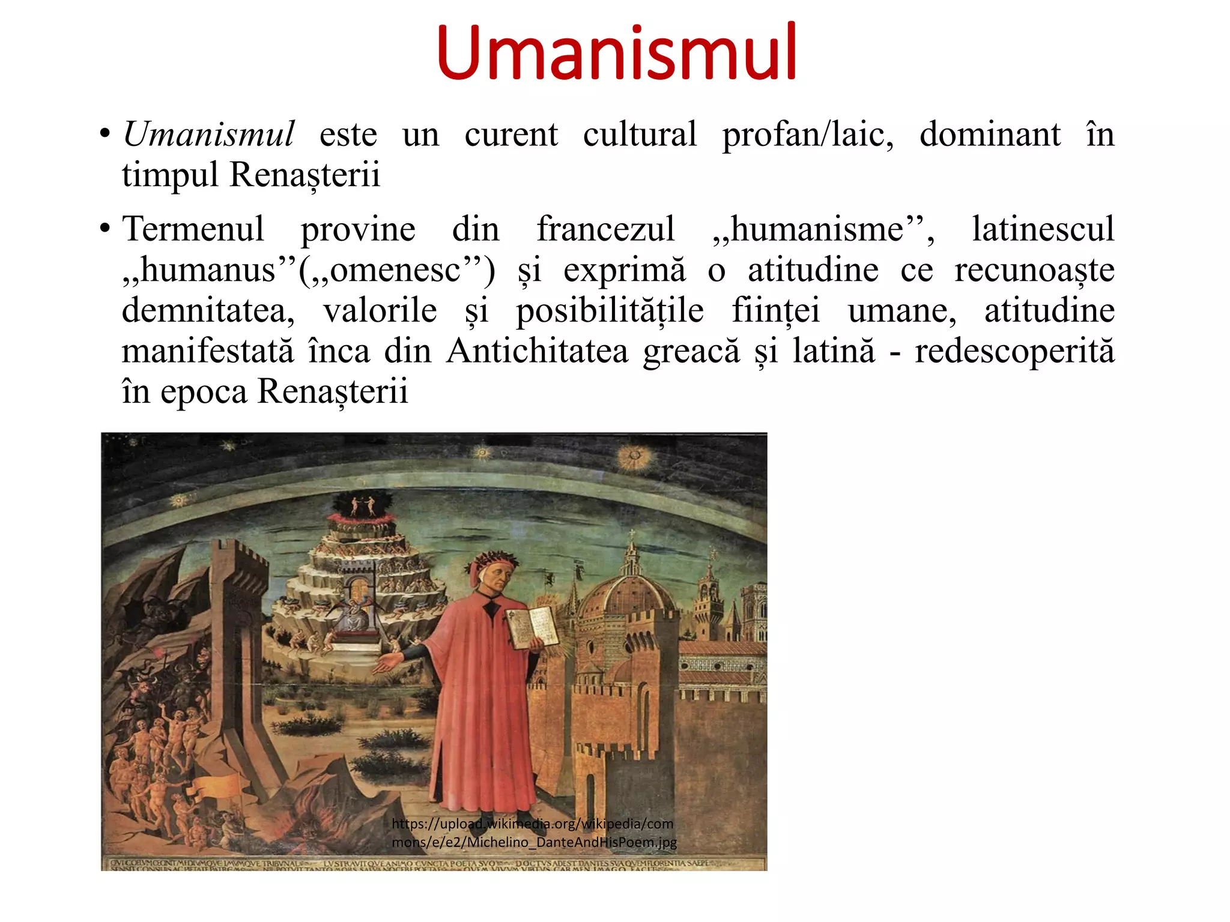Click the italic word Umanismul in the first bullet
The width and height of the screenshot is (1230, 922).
pos(208,134)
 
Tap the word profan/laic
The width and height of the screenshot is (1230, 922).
pos(808,134)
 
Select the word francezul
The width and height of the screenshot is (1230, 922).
pos(605,229)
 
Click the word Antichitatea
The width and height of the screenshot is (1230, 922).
pos(537,351)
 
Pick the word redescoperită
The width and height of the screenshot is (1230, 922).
pos(1014,351)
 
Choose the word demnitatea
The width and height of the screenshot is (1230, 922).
pos(208,311)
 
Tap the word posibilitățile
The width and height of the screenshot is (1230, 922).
pos(610,311)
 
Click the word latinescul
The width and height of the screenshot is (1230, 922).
pos(1043,229)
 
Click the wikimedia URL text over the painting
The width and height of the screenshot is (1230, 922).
pos(533,833)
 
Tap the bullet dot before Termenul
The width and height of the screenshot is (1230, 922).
pos(106,229)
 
